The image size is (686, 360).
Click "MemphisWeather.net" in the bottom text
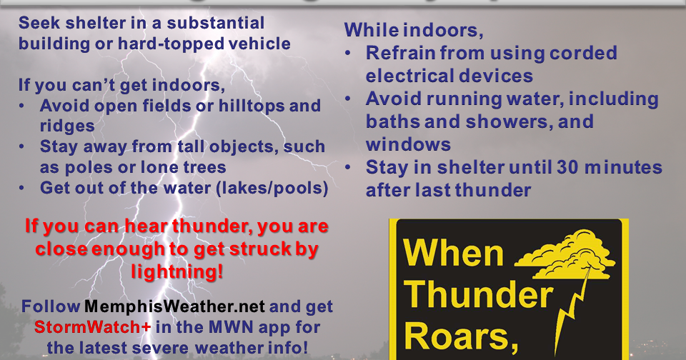pyautogui.click(x=175, y=307)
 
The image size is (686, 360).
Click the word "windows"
pyautogui.click(x=409, y=144)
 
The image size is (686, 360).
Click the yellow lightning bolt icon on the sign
pyautogui.click(x=580, y=300)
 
